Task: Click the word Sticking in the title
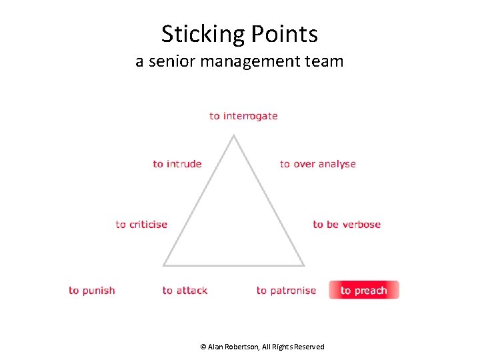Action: [x=203, y=34]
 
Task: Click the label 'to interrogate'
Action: [x=243, y=116]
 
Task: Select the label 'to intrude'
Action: [x=177, y=164]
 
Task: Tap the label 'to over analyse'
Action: [x=317, y=164]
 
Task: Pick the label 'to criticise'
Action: [x=141, y=225]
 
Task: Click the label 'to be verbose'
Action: [x=347, y=225]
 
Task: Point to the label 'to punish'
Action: [x=92, y=291]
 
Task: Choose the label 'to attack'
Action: [x=185, y=291]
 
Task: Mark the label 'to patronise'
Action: [x=286, y=291]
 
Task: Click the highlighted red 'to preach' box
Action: [x=364, y=290]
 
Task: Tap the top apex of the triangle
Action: [x=233, y=136]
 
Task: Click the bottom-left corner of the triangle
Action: [x=164, y=265]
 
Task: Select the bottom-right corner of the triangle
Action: [x=303, y=265]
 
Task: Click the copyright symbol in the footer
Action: [x=203, y=347]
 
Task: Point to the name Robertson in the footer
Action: [x=245, y=347]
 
